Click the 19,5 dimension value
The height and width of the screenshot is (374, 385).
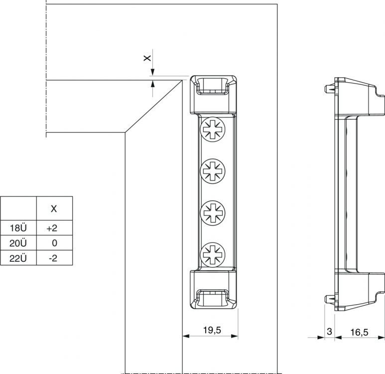[x=212, y=330]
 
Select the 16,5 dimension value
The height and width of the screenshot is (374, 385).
[x=359, y=332]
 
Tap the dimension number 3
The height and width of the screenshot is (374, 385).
[x=329, y=331]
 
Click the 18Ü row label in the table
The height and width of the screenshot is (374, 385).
[x=18, y=228]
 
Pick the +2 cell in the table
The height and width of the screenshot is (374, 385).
[x=52, y=228]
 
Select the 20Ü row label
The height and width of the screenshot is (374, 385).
[x=18, y=243]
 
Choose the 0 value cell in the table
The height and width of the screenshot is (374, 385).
[x=54, y=243]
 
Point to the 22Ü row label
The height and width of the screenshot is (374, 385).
[x=18, y=258]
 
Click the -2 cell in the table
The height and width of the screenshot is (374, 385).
[x=53, y=258]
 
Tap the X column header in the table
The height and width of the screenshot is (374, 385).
[x=54, y=209]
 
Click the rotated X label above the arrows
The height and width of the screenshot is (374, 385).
[x=147, y=58]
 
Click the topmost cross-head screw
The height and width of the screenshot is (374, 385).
[x=213, y=130]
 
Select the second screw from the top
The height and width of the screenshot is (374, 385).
[x=213, y=171]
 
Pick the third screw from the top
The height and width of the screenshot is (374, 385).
[x=213, y=213]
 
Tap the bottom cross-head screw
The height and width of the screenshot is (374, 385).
[x=213, y=254]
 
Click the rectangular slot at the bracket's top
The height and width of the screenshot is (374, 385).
[x=213, y=86]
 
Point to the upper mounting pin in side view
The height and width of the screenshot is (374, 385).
[x=330, y=89]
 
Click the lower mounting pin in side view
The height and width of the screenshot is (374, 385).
[x=330, y=300]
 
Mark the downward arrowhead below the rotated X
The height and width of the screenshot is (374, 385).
[x=152, y=72]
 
